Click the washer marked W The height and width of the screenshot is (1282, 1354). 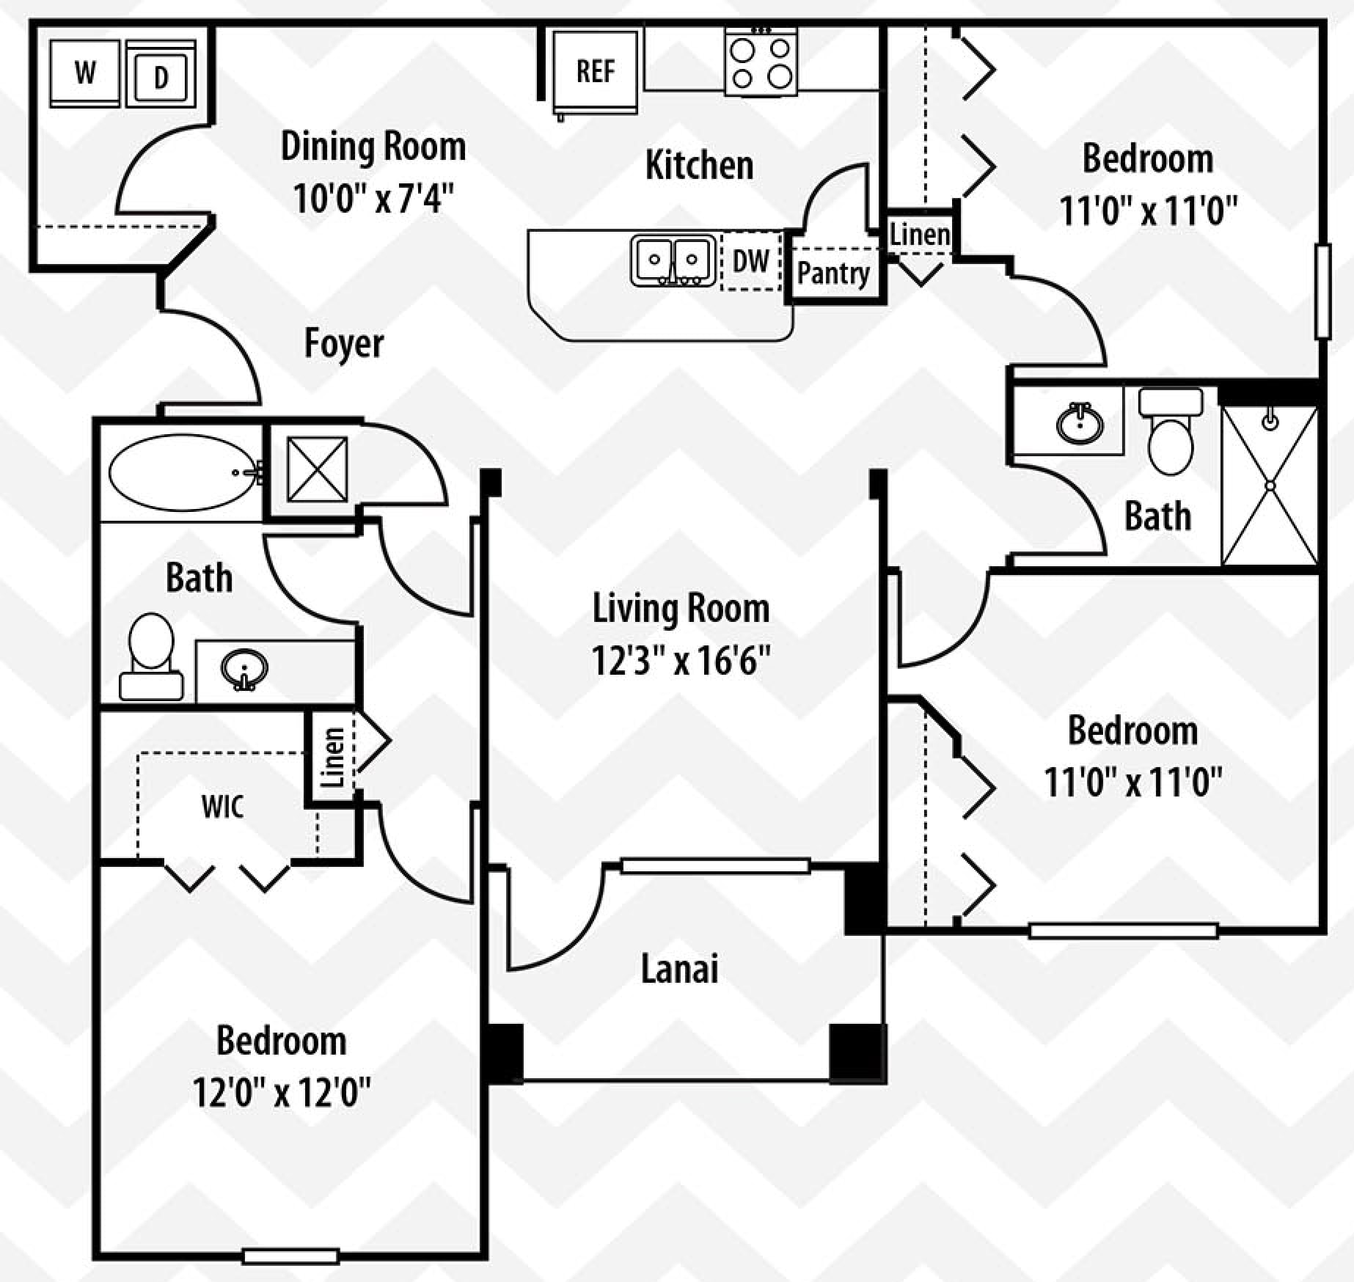(x=85, y=73)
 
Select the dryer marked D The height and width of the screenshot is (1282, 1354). (x=161, y=74)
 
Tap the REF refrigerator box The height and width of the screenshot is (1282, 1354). (x=595, y=73)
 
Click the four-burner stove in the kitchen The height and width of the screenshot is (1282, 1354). (x=761, y=62)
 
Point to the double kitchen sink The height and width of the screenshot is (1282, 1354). (x=673, y=260)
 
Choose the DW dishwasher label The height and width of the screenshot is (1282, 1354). (x=751, y=261)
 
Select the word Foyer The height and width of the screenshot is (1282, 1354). (x=344, y=343)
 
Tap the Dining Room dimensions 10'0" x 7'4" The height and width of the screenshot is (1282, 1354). (x=373, y=198)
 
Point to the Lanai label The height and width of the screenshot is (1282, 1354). (x=680, y=968)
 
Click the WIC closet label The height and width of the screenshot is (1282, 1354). (x=222, y=807)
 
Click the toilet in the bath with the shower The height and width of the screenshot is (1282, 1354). (x=1171, y=431)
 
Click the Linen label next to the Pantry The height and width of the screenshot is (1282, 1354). (x=920, y=235)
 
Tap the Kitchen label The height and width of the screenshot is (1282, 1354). (x=699, y=165)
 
